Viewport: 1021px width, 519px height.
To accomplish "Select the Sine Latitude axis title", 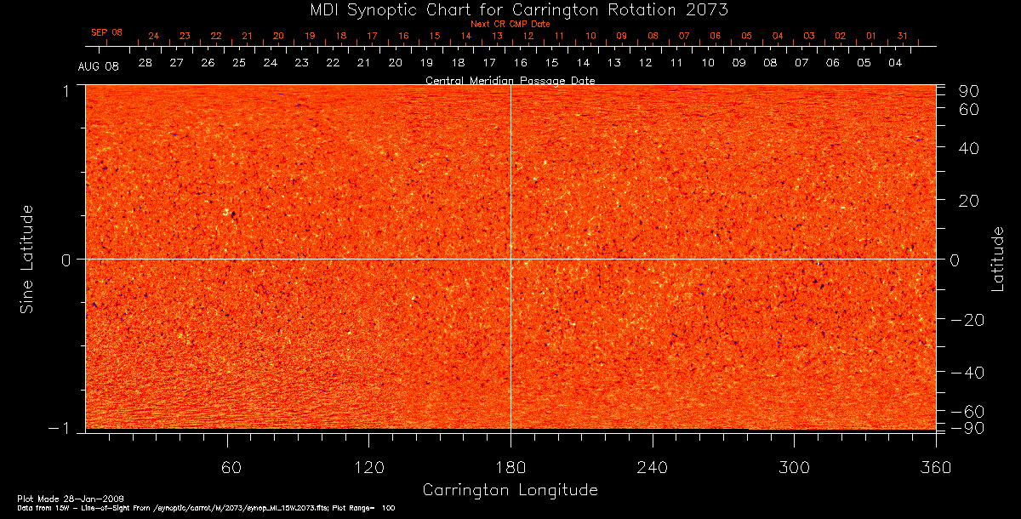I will click(28, 259).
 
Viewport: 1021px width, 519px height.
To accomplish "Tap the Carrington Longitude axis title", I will click(510, 490).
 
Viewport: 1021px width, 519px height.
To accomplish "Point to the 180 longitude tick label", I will click(510, 467).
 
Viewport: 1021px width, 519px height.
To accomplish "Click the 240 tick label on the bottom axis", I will click(652, 467).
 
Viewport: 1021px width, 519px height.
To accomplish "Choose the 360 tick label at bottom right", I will click(935, 467).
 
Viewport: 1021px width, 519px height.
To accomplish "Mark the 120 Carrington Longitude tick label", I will click(369, 467).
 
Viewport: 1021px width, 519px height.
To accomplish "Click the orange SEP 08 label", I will click(107, 32).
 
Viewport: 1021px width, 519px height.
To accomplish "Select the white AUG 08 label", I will click(99, 66).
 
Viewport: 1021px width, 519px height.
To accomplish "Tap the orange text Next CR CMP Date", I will click(510, 25).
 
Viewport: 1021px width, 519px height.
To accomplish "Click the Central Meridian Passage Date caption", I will click(510, 81).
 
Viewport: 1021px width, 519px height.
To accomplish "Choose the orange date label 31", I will click(902, 37).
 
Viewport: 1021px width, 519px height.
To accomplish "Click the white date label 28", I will click(145, 64).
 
